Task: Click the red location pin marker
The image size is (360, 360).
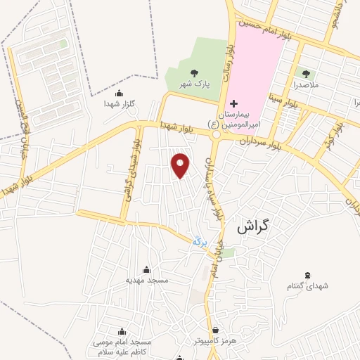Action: tap(181, 165)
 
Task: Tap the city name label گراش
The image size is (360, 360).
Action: tap(254, 226)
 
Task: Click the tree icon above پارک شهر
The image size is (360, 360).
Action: tap(193, 72)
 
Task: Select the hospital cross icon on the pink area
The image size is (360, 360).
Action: tap(234, 103)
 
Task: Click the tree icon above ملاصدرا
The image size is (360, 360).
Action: tap(306, 72)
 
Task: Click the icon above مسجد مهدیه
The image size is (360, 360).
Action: tap(146, 269)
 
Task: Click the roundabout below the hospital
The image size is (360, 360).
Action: tap(216, 134)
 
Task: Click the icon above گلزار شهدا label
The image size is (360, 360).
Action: tap(117, 94)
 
